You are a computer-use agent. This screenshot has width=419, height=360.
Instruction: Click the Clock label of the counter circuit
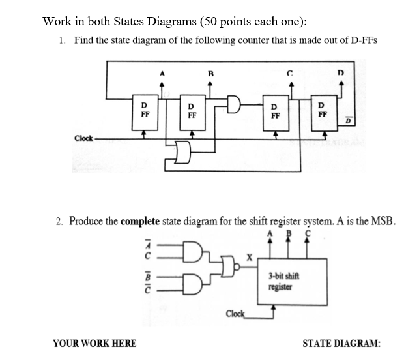(83, 138)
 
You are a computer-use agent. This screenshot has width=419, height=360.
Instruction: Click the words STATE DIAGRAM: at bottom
(341, 344)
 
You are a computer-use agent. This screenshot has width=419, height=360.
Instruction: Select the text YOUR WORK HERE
(94, 344)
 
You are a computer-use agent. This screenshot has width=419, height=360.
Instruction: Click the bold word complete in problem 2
(143, 221)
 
